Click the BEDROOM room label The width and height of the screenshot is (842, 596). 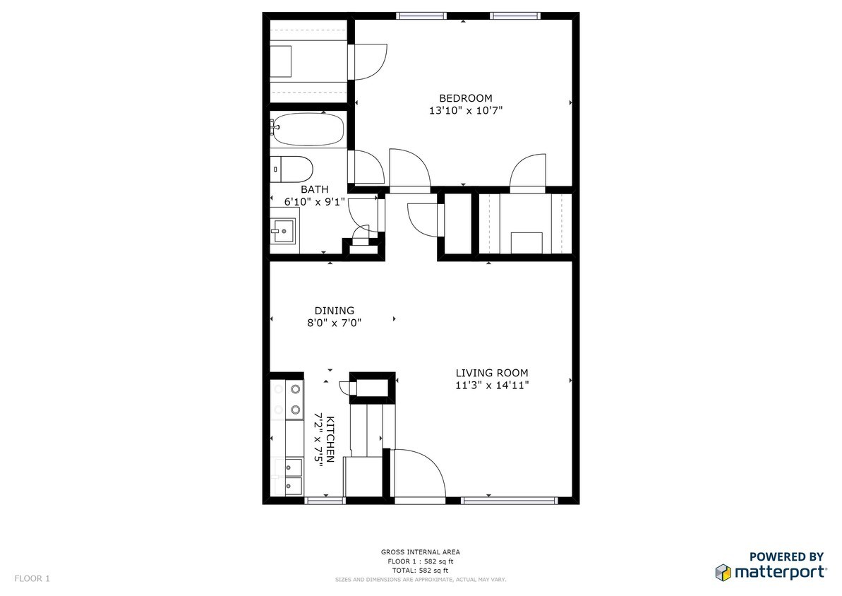pyautogui.click(x=466, y=98)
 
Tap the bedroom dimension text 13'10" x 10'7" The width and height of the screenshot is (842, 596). pyautogui.click(x=466, y=112)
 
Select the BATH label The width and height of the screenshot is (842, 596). pyautogui.click(x=315, y=190)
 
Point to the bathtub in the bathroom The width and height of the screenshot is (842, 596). pyautogui.click(x=306, y=129)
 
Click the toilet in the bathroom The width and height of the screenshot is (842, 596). pyautogui.click(x=291, y=169)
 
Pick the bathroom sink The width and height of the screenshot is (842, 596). pyautogui.click(x=283, y=231)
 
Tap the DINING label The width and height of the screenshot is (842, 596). pyautogui.click(x=334, y=311)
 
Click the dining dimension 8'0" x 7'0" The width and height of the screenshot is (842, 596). pyautogui.click(x=334, y=323)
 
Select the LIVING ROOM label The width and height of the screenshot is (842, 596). pyautogui.click(x=492, y=373)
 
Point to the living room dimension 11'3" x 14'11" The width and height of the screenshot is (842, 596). pyautogui.click(x=492, y=386)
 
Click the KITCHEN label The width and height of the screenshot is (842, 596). pyautogui.click(x=330, y=439)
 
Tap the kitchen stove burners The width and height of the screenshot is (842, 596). pyautogui.click(x=295, y=400)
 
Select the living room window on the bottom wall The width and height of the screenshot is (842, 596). pyautogui.click(x=509, y=501)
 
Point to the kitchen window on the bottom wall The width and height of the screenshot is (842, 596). pyautogui.click(x=325, y=501)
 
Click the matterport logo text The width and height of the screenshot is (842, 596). pyautogui.click(x=780, y=573)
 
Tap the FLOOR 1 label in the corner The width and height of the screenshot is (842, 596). pyautogui.click(x=32, y=579)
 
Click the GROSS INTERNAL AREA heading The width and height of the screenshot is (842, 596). pyautogui.click(x=421, y=552)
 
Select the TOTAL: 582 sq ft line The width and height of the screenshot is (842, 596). pyautogui.click(x=421, y=571)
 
